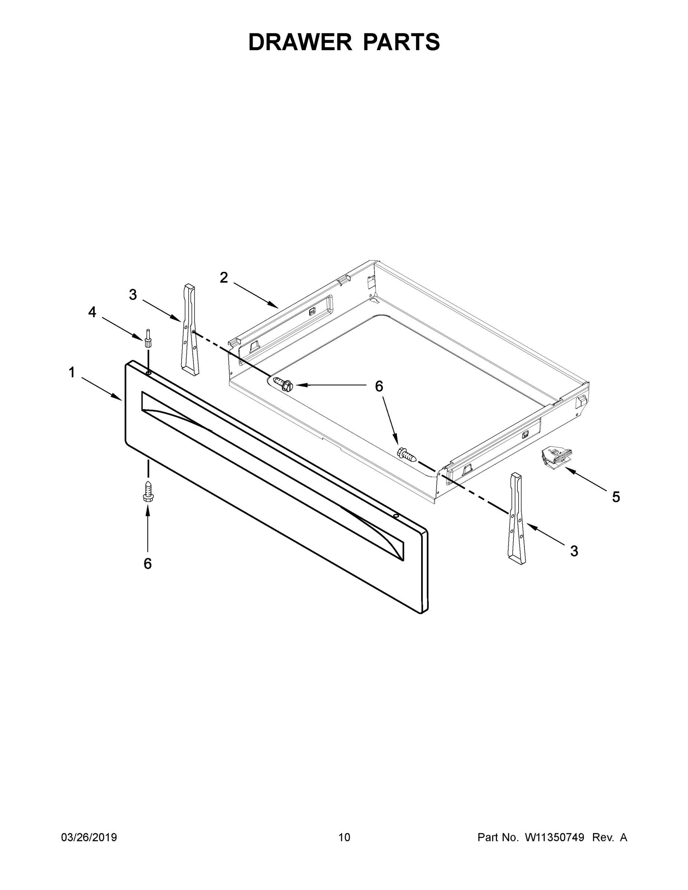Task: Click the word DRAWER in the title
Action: pyautogui.click(x=300, y=42)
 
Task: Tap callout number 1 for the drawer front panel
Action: pyautogui.click(x=72, y=372)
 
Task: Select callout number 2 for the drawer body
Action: pyautogui.click(x=224, y=277)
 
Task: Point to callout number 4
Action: pyautogui.click(x=92, y=312)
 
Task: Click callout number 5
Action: pyautogui.click(x=616, y=497)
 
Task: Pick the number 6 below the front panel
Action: pyautogui.click(x=148, y=564)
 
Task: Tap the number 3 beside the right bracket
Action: pyautogui.click(x=574, y=551)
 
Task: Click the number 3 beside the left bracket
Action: pyautogui.click(x=133, y=295)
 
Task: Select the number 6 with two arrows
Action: pyautogui.click(x=379, y=386)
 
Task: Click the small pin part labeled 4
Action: pyautogui.click(x=148, y=338)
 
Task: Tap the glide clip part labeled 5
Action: pyautogui.click(x=556, y=458)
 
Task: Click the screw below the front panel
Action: pyautogui.click(x=148, y=491)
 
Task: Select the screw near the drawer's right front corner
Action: pyautogui.click(x=407, y=454)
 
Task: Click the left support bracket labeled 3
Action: pyautogui.click(x=190, y=330)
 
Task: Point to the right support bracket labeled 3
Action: pyautogui.click(x=516, y=519)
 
